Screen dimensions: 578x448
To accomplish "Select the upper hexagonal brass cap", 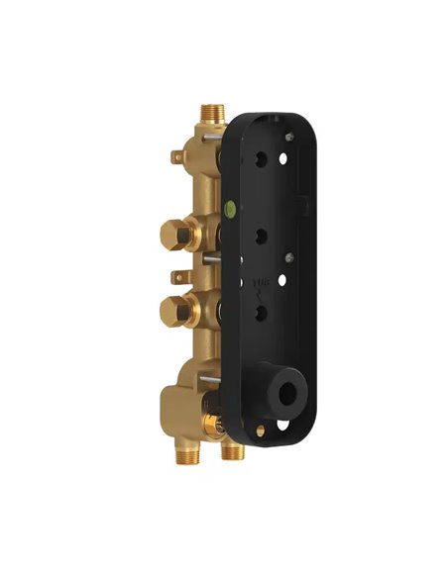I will click(x=174, y=237).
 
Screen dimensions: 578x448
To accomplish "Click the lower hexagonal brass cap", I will click(x=174, y=309).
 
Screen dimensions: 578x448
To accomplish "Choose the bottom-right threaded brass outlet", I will click(x=234, y=451).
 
